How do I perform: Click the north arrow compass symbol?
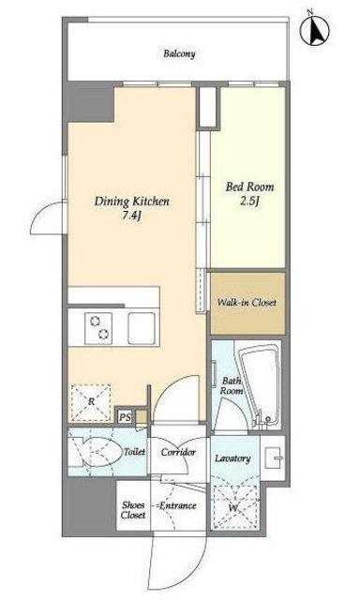click(314, 30)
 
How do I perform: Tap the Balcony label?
click(179, 53)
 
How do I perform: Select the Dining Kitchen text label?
click(132, 202)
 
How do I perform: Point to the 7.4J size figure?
click(132, 217)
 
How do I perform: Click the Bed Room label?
click(249, 187)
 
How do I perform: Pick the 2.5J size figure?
click(249, 202)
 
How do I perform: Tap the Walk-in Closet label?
click(247, 303)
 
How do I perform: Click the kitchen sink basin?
click(142, 329)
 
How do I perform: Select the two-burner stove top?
click(98, 327)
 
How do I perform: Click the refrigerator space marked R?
click(91, 402)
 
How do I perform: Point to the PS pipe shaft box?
click(124, 416)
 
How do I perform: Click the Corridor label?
click(178, 452)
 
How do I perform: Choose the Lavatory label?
click(233, 458)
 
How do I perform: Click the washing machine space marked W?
click(234, 507)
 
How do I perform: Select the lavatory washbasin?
click(273, 458)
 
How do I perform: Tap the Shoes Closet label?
click(133, 510)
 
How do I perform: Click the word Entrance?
click(177, 506)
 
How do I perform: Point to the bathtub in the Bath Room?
click(259, 384)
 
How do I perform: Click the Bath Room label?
click(232, 385)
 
